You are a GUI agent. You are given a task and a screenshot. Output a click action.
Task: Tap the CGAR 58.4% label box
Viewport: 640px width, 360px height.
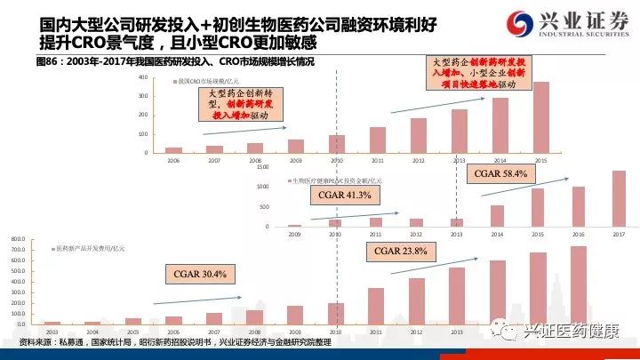pyautogui.click(x=502, y=173)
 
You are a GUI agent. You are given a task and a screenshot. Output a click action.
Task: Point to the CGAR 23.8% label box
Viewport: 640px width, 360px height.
pyautogui.click(x=401, y=252)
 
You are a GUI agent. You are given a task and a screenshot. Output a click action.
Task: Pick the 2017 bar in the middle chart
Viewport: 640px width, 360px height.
pyautogui.click(x=619, y=198)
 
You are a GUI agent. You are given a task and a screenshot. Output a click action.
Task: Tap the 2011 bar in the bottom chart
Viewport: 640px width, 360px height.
pyautogui.click(x=376, y=305)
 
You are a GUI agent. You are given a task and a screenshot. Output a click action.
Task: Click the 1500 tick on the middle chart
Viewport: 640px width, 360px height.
pyautogui.click(x=261, y=167)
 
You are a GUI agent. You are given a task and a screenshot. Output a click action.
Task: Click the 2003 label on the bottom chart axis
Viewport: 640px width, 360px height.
pyautogui.click(x=52, y=330)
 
